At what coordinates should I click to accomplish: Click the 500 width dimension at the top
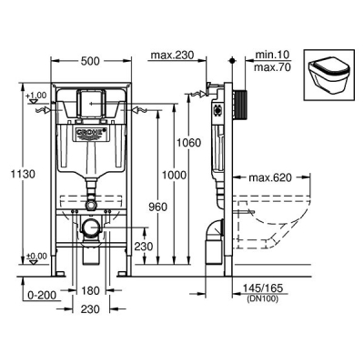[90, 61]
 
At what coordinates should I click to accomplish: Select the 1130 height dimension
[23, 174]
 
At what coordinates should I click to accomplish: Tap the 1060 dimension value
[189, 142]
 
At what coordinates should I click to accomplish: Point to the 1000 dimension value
[174, 175]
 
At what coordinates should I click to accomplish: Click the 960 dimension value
[158, 207]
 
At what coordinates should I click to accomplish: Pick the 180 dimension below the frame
[90, 290]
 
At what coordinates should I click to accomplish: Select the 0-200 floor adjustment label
[42, 295]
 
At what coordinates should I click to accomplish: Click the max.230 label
[172, 56]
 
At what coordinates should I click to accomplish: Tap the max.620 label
[270, 177]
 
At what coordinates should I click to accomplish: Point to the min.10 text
[272, 55]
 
